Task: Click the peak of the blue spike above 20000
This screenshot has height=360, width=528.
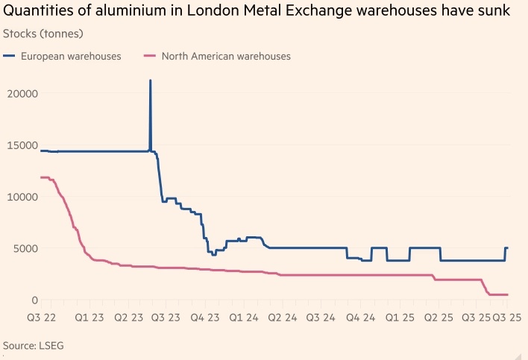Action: point(151,80)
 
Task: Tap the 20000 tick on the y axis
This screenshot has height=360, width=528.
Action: point(24,94)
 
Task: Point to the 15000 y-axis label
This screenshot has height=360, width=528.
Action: point(24,145)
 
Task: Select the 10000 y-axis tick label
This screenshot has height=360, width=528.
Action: point(24,197)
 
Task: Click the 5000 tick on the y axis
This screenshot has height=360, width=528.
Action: point(27,248)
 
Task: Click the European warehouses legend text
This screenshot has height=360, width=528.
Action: point(71,56)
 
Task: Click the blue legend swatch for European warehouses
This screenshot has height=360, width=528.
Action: point(9,56)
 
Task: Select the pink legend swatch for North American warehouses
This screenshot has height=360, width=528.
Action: point(148,56)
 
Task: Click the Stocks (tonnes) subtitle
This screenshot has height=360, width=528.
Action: point(43,34)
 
